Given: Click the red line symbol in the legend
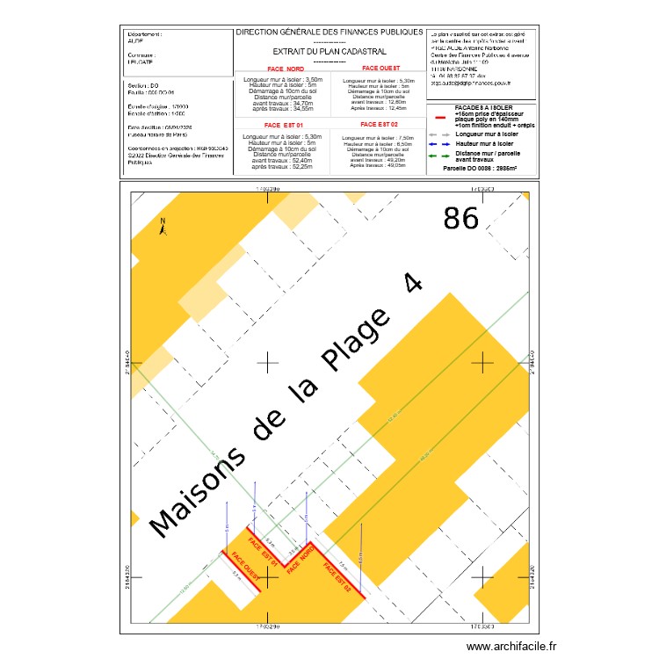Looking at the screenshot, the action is tap(440, 116).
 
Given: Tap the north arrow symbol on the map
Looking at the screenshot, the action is tap(162, 226).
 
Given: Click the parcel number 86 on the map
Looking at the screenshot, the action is tap(461, 218).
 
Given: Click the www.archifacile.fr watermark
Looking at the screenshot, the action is tap(512, 647).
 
